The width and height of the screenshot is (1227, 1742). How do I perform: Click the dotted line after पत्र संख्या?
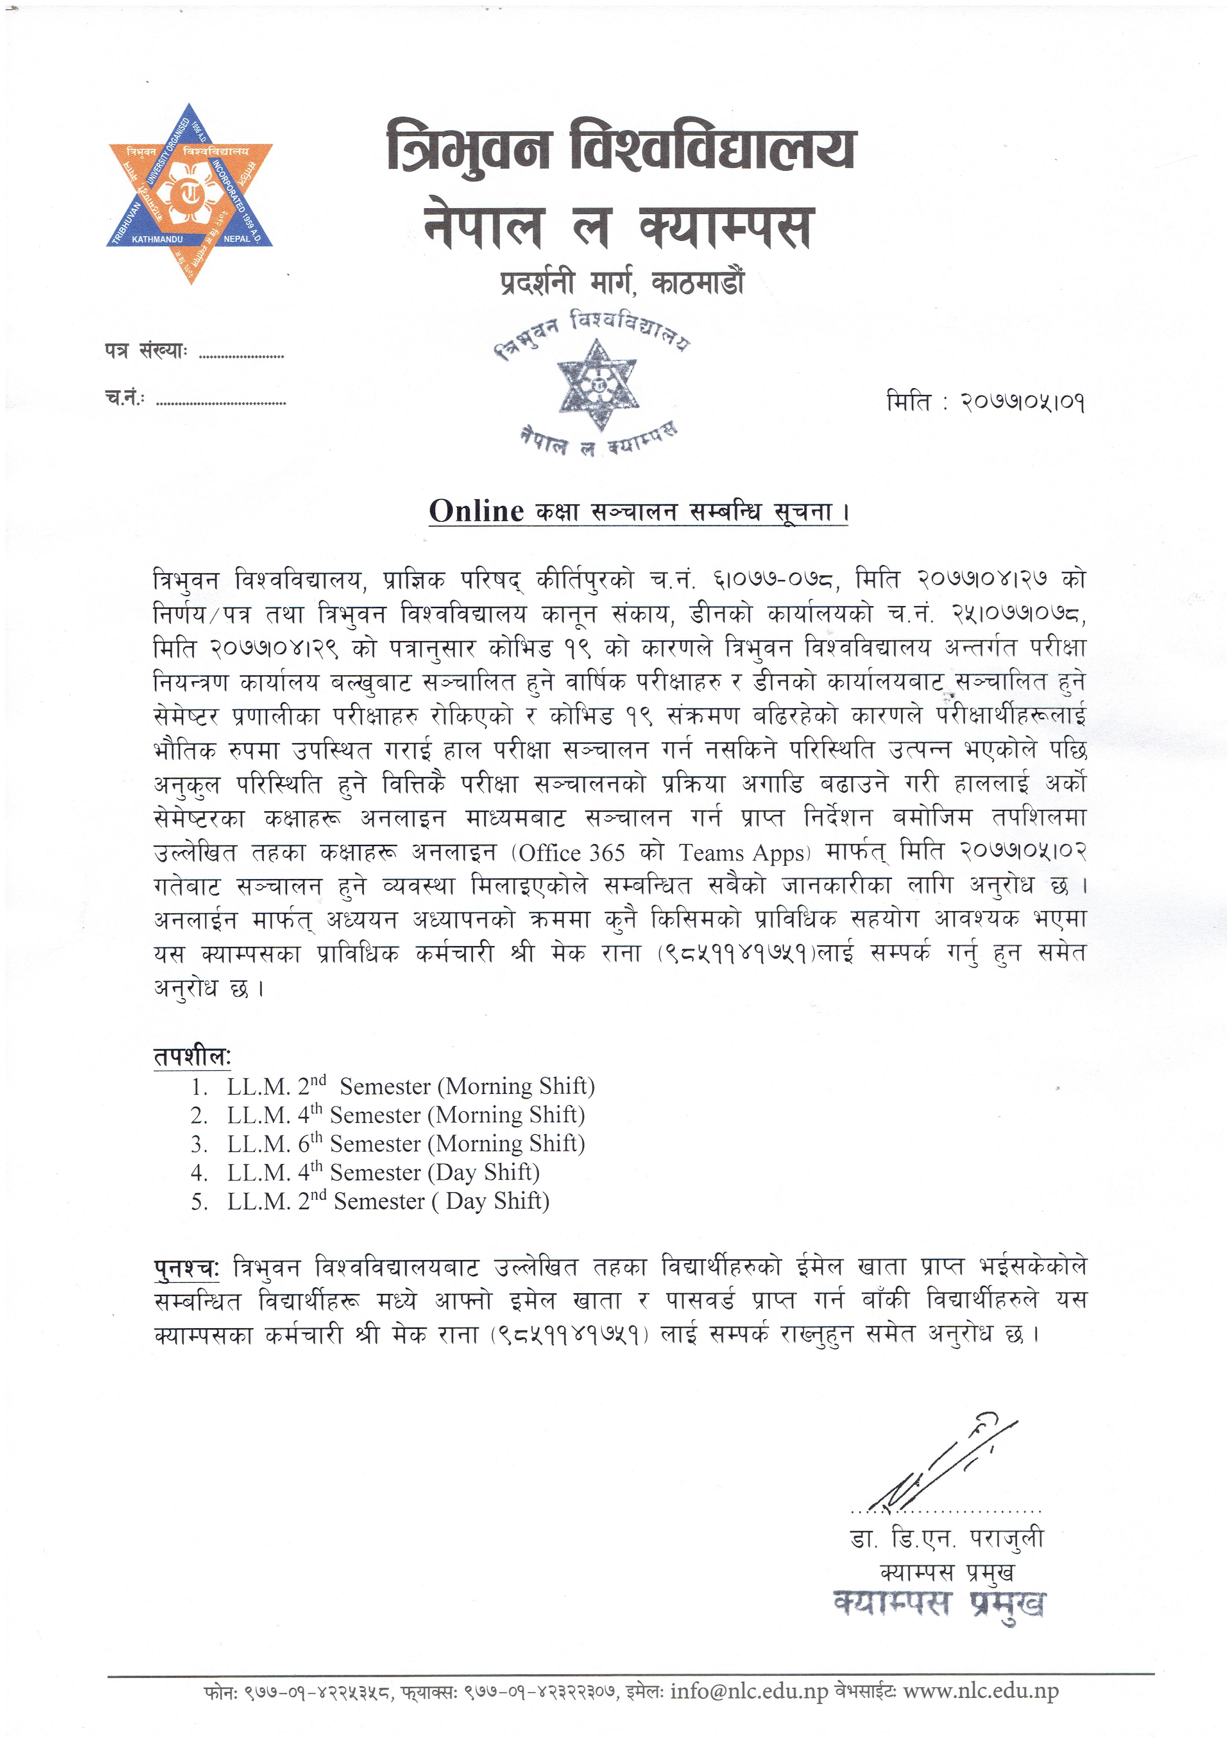(x=241, y=354)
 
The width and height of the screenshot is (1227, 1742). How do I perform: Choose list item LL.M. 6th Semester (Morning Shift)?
(x=406, y=1143)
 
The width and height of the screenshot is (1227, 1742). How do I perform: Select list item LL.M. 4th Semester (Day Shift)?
(x=383, y=1172)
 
